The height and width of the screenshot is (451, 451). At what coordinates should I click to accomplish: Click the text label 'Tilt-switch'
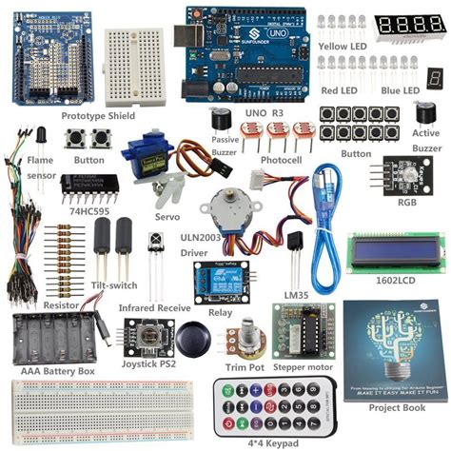(x=112, y=285)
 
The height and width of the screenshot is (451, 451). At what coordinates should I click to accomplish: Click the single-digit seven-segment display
(x=434, y=78)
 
